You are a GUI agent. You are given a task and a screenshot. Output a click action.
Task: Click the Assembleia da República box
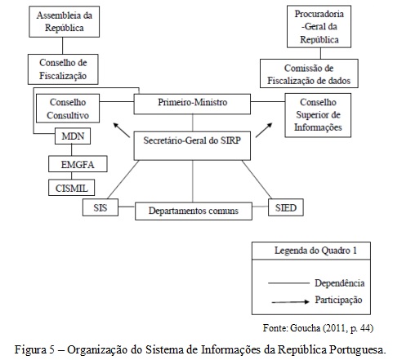[x=65, y=21]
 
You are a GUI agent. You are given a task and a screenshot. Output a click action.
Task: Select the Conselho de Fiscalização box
[x=63, y=69]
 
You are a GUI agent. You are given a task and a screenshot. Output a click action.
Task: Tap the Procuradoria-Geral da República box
[x=319, y=27]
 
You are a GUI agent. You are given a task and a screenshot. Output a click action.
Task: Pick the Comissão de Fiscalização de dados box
[x=309, y=73]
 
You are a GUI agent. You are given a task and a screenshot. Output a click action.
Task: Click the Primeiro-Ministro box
[x=192, y=104]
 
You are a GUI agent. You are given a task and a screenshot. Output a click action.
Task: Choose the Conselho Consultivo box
[x=68, y=109]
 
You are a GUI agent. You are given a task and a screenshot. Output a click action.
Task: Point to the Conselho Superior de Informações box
[x=318, y=115]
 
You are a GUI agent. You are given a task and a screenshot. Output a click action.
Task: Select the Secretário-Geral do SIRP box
[x=192, y=146]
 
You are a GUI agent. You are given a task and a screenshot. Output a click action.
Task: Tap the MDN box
[x=73, y=136]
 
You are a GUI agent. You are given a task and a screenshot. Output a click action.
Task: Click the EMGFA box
[x=78, y=164]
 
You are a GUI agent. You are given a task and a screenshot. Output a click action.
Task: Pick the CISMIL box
[x=72, y=187]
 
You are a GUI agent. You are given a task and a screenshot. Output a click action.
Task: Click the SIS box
[x=100, y=207]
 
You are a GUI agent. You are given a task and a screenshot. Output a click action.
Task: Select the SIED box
[x=286, y=207]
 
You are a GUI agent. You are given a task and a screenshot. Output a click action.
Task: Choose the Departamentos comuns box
[x=194, y=211]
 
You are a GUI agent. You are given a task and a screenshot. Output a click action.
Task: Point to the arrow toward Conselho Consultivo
[x=122, y=130]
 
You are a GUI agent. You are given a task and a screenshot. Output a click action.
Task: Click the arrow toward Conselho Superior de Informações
[x=264, y=130]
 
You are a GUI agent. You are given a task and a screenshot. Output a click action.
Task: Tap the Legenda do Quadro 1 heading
[x=315, y=251]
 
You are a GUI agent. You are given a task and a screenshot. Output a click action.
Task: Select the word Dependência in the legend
[x=339, y=283]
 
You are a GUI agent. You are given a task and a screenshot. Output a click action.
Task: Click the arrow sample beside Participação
[x=291, y=301]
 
